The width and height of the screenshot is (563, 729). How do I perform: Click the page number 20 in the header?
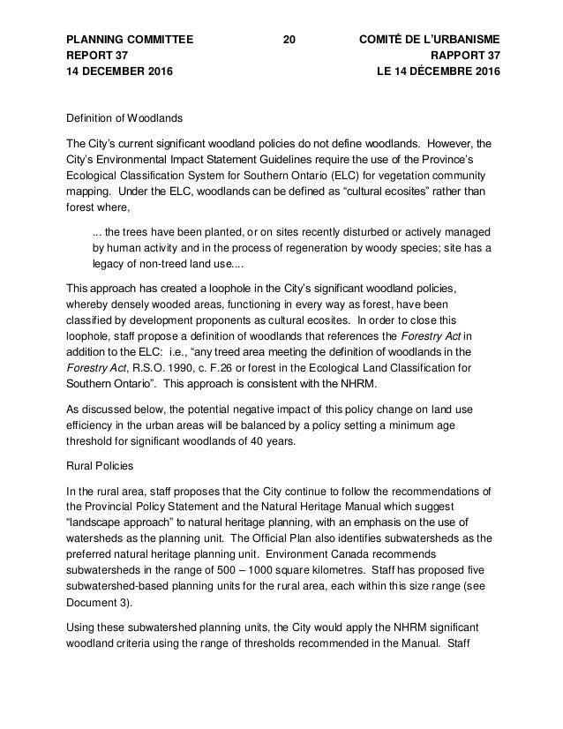pyautogui.click(x=289, y=40)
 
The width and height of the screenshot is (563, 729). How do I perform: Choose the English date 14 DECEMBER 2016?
pyautogui.click(x=120, y=71)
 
